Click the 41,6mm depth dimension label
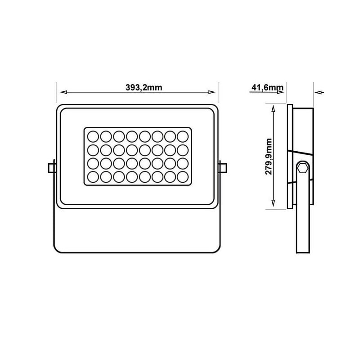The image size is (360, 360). coord(267,87)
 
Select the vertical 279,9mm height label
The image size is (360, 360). coord(269,156)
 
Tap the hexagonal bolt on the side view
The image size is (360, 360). coord(303,169)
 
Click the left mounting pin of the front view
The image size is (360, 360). coord(52,167)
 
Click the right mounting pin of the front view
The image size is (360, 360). coord(222,167)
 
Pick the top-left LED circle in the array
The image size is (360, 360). coord(93,136)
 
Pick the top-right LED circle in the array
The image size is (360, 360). coord(182,136)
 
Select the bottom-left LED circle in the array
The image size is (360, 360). coord(93,175)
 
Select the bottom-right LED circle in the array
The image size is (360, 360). coord(182,175)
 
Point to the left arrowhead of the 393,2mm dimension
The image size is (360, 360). coord(63,92)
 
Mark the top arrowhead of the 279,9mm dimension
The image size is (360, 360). coord(273,107)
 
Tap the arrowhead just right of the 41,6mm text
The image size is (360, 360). coord(282,92)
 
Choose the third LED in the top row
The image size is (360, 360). coord(119,136)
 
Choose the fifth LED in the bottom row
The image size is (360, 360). coord(144,175)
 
